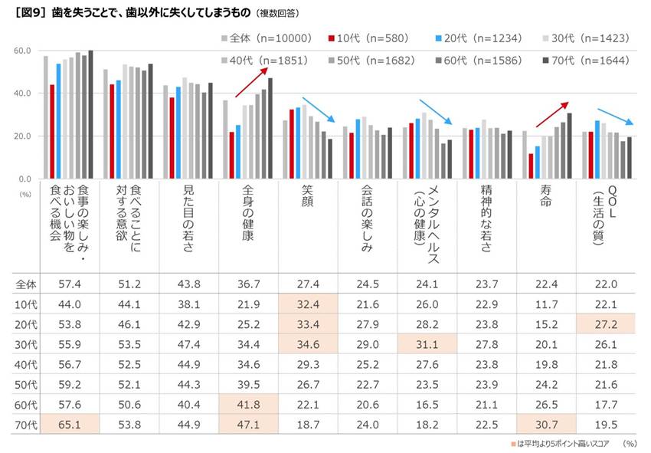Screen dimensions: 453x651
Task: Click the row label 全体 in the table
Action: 27,283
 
